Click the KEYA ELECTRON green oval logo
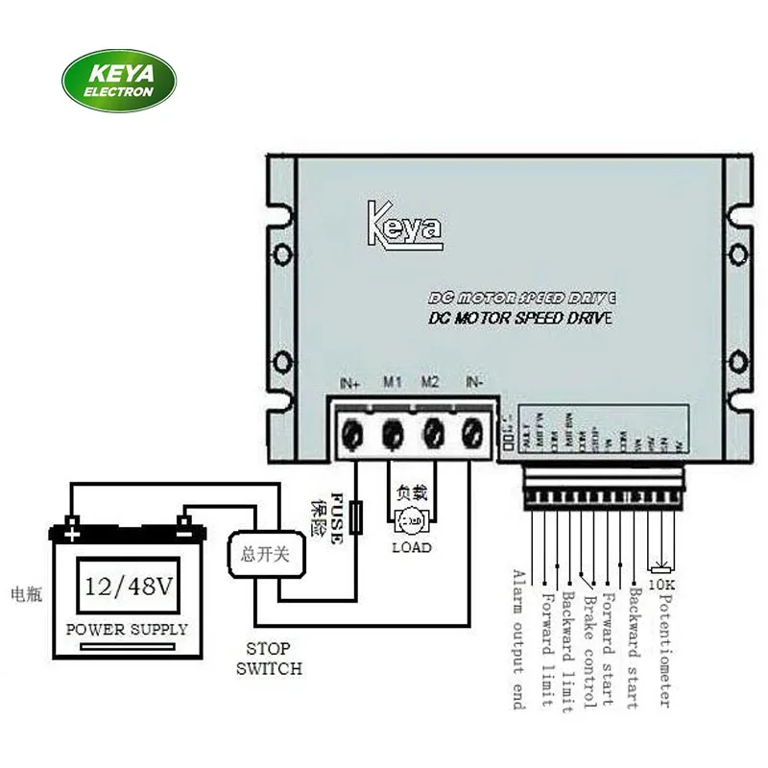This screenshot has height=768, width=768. (x=119, y=81)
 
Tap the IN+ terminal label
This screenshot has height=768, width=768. (x=349, y=383)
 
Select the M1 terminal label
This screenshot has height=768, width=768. (x=392, y=383)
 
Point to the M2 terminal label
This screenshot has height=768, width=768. (x=430, y=383)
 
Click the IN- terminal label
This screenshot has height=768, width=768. (x=473, y=383)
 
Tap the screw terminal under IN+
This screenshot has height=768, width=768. (x=351, y=433)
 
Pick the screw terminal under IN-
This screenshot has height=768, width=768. (x=472, y=433)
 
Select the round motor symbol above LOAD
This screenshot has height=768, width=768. (x=410, y=520)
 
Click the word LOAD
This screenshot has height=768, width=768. (x=411, y=547)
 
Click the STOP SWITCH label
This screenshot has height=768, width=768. (x=270, y=659)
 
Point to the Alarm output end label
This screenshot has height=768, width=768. (x=519, y=639)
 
